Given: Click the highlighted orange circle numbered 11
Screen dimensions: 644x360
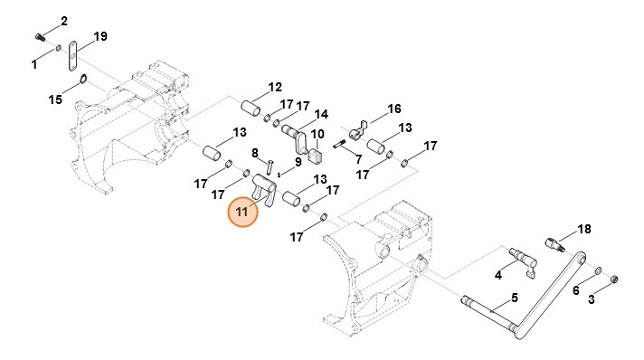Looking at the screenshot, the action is click(x=242, y=212).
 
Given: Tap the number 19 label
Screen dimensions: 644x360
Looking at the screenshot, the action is click(x=100, y=36).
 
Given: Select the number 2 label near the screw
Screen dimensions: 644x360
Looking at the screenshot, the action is click(x=64, y=21).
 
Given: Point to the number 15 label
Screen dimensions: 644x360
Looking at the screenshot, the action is click(x=55, y=99).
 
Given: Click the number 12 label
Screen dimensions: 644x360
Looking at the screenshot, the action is click(x=275, y=87).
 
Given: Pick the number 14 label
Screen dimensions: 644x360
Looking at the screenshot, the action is click(x=322, y=114).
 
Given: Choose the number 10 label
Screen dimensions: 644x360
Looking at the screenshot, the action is click(x=317, y=134).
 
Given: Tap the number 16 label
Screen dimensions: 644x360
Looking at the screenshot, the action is click(x=394, y=109).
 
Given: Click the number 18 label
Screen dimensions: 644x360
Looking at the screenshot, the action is click(x=584, y=229).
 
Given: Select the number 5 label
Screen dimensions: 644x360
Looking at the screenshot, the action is click(x=515, y=298).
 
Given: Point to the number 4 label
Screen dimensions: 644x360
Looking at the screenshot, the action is click(x=498, y=275).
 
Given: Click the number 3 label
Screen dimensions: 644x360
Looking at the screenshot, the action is click(x=591, y=299).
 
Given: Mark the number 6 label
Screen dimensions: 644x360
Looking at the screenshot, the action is click(x=576, y=290).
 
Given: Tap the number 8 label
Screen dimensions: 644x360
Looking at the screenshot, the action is click(x=255, y=153).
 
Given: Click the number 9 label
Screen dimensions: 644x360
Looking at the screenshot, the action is click(x=298, y=162).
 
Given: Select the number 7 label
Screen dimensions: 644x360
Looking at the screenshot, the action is click(x=358, y=159).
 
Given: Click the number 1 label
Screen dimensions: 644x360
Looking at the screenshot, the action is click(x=34, y=64).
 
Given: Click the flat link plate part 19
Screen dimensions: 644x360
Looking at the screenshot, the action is click(x=72, y=56).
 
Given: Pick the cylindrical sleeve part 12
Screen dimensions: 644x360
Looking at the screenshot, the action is click(x=251, y=109).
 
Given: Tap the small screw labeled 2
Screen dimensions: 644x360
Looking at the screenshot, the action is click(x=40, y=38).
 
